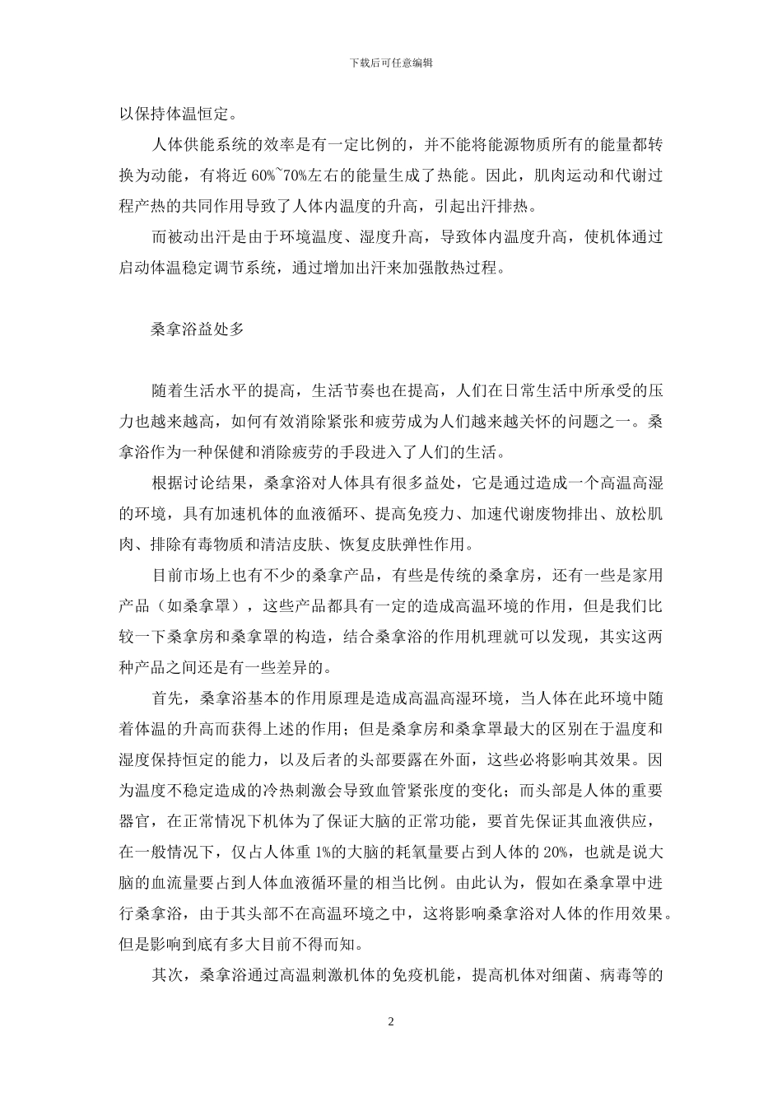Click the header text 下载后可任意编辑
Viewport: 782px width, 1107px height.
point(391,62)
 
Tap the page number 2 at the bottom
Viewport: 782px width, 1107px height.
point(391,1021)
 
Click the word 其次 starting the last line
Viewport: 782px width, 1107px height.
point(169,975)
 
